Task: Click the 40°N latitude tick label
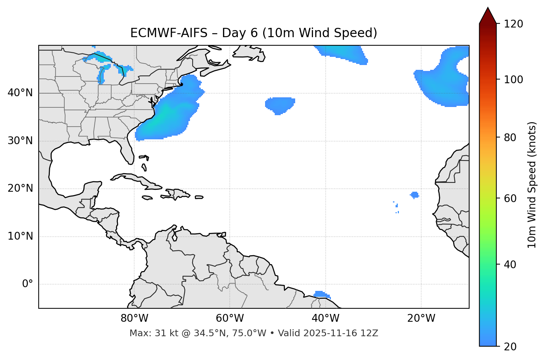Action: pyautogui.click(x=20, y=93)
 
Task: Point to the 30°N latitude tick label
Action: pyautogui.click(x=20, y=141)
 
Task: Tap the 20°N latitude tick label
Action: pyautogui.click(x=20, y=188)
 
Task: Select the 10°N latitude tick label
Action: pyautogui.click(x=20, y=236)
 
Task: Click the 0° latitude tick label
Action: pyautogui.click(x=27, y=284)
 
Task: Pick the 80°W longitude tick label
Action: pyautogui.click(x=134, y=318)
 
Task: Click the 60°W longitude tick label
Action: pyautogui.click(x=230, y=318)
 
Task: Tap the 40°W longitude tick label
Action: pyautogui.click(x=325, y=318)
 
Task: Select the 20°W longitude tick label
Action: pyautogui.click(x=421, y=318)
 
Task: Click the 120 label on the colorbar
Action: pyautogui.click(x=513, y=24)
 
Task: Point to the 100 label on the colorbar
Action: pyautogui.click(x=513, y=80)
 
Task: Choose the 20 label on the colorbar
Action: pyautogui.click(x=510, y=347)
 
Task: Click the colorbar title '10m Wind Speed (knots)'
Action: pyautogui.click(x=532, y=185)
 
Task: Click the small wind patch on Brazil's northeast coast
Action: pyautogui.click(x=321, y=295)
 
